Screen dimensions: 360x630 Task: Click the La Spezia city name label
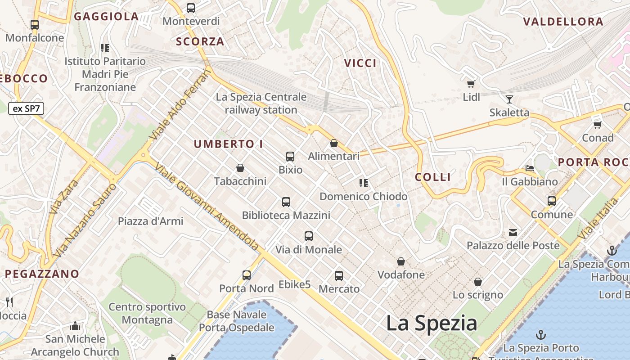click(432, 323)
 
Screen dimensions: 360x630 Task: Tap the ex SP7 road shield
click(26, 108)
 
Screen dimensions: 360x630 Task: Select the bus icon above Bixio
click(290, 157)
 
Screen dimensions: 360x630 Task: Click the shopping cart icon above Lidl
click(471, 84)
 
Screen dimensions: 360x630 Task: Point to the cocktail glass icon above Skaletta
click(509, 99)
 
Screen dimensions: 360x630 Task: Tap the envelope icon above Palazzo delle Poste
click(513, 233)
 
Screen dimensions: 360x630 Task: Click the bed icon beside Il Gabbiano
click(530, 168)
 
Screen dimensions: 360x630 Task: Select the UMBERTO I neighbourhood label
click(229, 144)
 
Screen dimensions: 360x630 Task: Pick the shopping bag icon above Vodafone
click(400, 261)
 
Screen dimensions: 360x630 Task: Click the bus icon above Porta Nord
click(247, 275)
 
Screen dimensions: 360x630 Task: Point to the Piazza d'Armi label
click(151, 221)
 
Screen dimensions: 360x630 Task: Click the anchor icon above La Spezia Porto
click(541, 335)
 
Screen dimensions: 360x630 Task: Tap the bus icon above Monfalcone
click(35, 25)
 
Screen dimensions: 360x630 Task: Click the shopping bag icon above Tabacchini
click(240, 168)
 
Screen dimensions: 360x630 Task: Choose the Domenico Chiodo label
click(364, 197)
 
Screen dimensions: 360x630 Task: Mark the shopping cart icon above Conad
click(598, 125)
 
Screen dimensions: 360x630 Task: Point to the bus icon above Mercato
click(339, 275)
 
